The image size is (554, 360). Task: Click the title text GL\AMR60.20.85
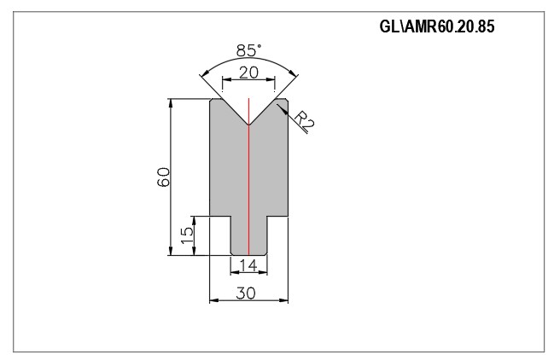(x=437, y=26)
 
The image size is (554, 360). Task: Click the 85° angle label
(x=249, y=50)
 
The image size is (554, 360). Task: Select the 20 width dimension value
(x=248, y=73)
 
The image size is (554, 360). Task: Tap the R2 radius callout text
(x=304, y=121)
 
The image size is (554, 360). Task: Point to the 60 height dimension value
(x=164, y=177)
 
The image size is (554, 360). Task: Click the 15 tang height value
(x=187, y=235)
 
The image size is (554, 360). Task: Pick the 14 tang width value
(x=248, y=264)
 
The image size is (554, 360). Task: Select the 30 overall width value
(x=246, y=293)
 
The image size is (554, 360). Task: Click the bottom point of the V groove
(x=248, y=125)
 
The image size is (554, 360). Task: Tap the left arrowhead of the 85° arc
(x=203, y=73)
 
